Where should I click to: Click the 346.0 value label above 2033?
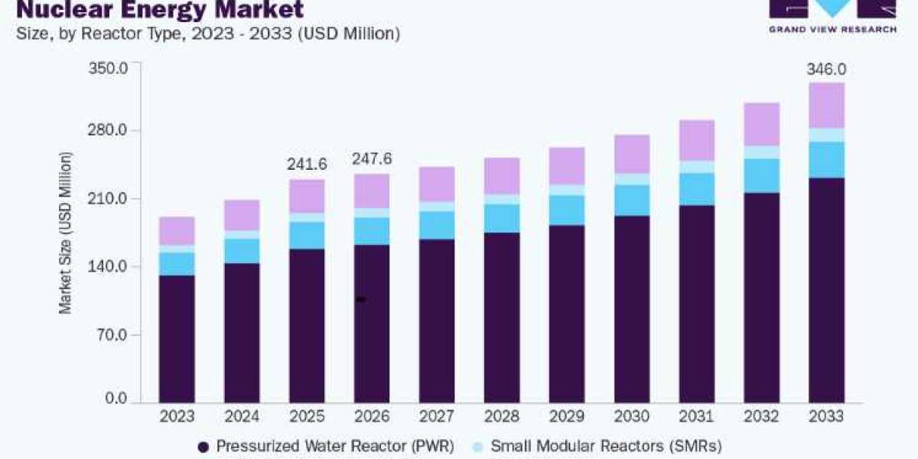[x=826, y=70]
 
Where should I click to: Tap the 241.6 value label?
[x=307, y=164]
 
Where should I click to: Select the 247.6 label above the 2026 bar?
[x=372, y=158]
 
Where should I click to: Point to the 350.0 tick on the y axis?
[x=108, y=68]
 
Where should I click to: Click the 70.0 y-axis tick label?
[x=113, y=335]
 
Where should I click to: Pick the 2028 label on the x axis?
[x=502, y=416]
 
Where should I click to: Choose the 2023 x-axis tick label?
[x=177, y=416]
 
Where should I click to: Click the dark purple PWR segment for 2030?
[x=632, y=309]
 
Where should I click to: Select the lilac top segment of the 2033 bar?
[x=827, y=106]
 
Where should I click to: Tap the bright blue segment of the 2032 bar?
[x=762, y=176]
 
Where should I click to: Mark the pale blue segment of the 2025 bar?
[x=307, y=217]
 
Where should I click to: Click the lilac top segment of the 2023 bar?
[x=177, y=231]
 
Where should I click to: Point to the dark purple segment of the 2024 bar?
[x=242, y=334]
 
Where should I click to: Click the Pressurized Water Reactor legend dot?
[x=203, y=447]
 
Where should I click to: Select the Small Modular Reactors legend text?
[x=606, y=446]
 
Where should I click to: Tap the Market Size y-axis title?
[x=66, y=233]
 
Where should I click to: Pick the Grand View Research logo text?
[x=833, y=30]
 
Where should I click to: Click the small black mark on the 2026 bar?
[x=360, y=300]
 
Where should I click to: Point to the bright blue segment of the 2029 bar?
[x=567, y=210]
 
